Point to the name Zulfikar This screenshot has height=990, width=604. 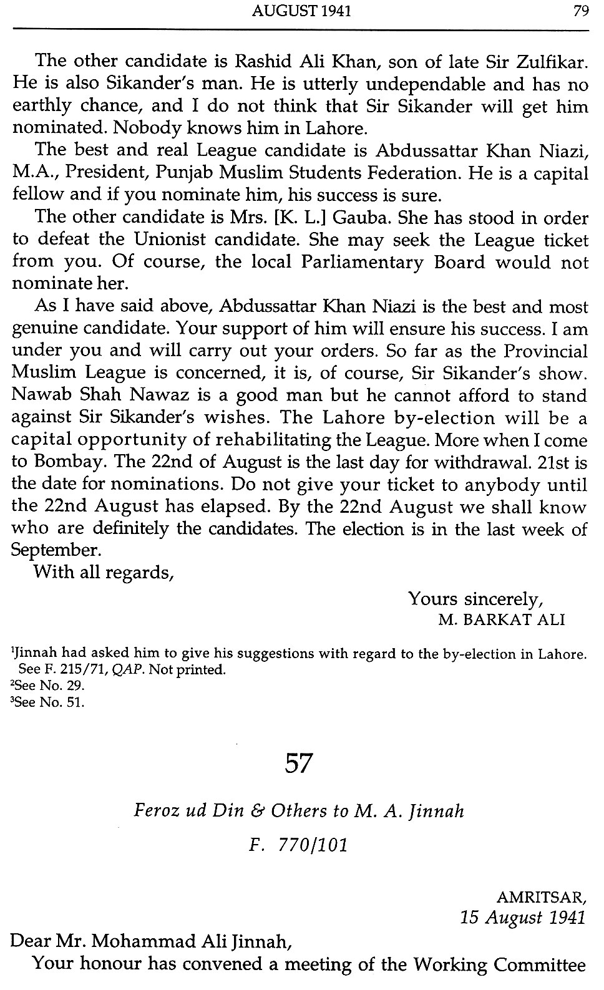click(x=550, y=61)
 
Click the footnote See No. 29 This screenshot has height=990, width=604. click(x=47, y=686)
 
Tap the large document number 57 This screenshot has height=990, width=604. click(x=298, y=764)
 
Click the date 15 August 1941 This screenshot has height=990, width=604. click(x=523, y=918)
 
